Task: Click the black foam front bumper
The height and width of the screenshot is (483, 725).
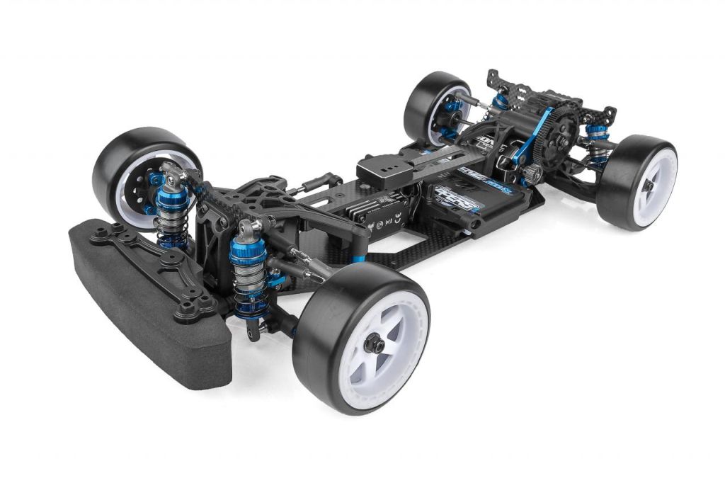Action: [142, 305]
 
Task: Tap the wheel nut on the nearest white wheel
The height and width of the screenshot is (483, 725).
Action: [376, 345]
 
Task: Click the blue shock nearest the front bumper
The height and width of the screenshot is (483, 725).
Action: [249, 266]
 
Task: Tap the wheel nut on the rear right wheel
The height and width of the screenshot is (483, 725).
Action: [649, 185]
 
